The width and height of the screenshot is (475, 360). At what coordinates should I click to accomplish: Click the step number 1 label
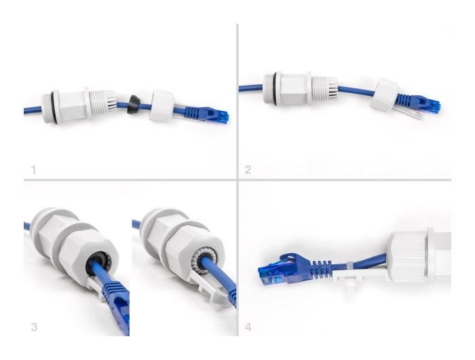pyautogui.click(x=33, y=170)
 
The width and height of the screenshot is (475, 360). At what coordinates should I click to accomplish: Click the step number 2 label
pyautogui.click(x=248, y=170)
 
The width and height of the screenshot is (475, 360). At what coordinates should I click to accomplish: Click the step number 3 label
pyautogui.click(x=34, y=327)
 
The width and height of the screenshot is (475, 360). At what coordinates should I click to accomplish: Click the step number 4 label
pyautogui.click(x=248, y=327)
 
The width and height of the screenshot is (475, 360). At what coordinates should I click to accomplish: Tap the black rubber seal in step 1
pyautogui.click(x=133, y=105)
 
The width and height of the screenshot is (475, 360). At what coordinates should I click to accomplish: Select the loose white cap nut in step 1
pyautogui.click(x=162, y=106)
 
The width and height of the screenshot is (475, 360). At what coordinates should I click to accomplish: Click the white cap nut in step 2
pyautogui.click(x=383, y=95)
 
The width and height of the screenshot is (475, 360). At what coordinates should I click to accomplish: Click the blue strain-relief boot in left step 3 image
pyautogui.click(x=113, y=291)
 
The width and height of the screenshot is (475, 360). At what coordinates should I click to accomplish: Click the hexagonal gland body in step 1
pyautogui.click(x=72, y=105)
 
